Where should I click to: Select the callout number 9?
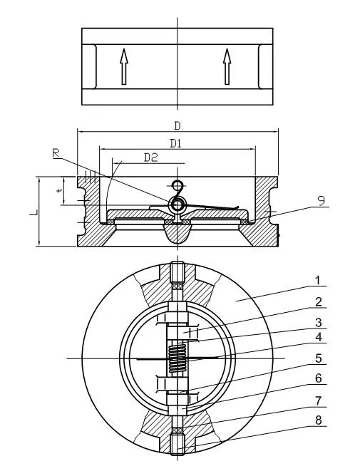tap(322, 202)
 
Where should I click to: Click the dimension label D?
tap(176, 125)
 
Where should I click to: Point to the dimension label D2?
tap(150, 157)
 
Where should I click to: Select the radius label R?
tap(56, 152)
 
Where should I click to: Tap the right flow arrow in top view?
tap(227, 66)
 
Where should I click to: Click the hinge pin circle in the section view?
tap(176, 205)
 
